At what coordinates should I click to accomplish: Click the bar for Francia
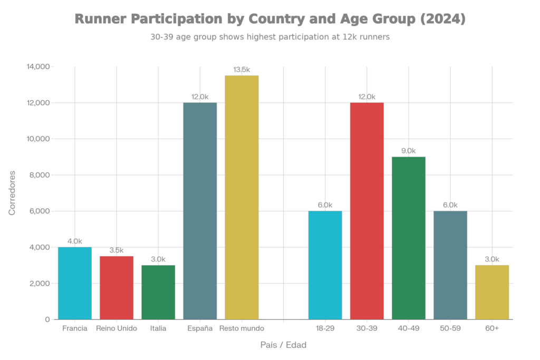pos(75,283)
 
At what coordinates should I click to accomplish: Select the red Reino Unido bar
pos(117,287)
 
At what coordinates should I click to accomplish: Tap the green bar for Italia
pos(158,292)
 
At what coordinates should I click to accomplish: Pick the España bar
pos(200,211)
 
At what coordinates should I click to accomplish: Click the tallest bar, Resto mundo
pos(242,197)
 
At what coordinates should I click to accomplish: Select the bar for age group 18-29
pos(325,265)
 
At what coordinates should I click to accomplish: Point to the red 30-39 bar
pos(367,211)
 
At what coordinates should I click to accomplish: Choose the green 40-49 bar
pos(409,238)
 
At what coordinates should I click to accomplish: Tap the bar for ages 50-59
pos(450,265)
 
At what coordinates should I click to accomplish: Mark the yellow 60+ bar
pos(492,292)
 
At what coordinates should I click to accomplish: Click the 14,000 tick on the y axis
pos(39,67)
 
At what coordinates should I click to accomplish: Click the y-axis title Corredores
pos(12,192)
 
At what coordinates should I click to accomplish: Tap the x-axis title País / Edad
pos(283,345)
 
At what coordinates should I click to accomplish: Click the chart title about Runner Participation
pos(270,20)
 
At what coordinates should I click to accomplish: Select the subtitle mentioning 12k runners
pos(270,38)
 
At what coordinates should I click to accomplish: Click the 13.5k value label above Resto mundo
pos(242,70)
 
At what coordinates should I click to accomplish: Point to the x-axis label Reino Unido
pos(117,328)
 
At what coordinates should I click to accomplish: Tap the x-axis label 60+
pos(492,328)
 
